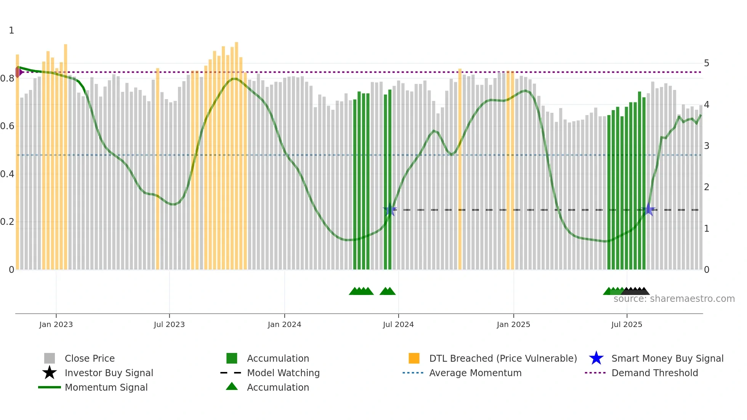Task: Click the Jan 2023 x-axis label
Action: click(x=56, y=324)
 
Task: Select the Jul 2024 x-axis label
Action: click(x=398, y=324)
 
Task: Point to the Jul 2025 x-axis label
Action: click(x=627, y=324)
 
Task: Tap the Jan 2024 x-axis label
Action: click(x=284, y=324)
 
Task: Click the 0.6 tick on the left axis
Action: click(x=7, y=126)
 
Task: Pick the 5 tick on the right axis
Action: click(x=707, y=63)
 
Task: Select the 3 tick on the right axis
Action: click(x=707, y=146)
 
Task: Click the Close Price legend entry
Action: click(x=90, y=358)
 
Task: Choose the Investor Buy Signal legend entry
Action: click(x=109, y=373)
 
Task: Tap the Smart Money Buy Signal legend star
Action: click(x=596, y=358)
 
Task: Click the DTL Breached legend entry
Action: click(x=503, y=358)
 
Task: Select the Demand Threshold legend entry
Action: click(x=654, y=373)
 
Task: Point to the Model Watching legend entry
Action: click(x=283, y=373)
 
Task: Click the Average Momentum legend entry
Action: click(x=475, y=373)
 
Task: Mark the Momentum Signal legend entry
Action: click(x=106, y=387)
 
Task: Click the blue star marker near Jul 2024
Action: click(x=390, y=210)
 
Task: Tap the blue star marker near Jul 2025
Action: click(x=649, y=210)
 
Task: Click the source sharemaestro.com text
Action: click(x=674, y=299)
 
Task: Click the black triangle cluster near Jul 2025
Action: click(x=636, y=291)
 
